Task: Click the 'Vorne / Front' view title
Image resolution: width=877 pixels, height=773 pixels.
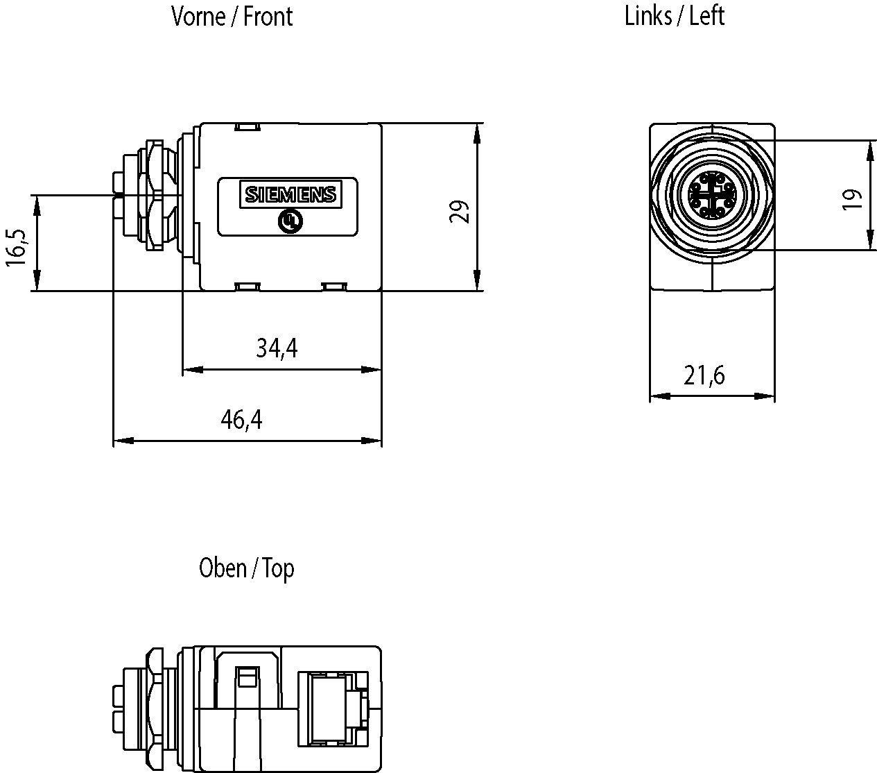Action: point(232,16)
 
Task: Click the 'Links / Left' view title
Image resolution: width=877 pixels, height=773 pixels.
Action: point(674,15)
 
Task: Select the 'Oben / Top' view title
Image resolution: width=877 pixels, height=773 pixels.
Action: point(246,568)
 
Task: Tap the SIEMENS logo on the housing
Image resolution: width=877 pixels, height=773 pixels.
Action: point(290,194)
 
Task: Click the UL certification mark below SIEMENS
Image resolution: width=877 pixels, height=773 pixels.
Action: point(289,221)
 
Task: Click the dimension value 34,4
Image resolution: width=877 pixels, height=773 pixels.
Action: point(277,348)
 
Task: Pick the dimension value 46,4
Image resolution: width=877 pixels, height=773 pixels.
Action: point(241,419)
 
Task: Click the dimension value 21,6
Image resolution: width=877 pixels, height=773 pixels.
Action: point(704,375)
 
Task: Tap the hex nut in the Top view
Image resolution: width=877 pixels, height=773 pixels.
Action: point(155,708)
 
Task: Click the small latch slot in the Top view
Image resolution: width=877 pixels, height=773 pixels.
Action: point(245,677)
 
